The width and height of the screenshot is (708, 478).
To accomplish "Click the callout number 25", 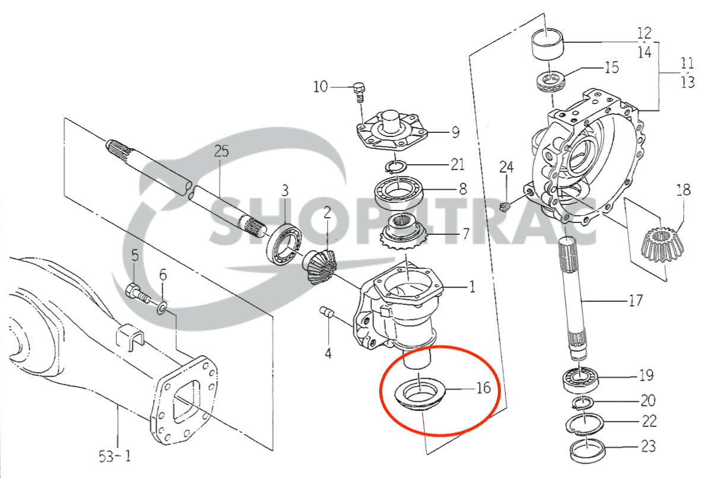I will [221, 151].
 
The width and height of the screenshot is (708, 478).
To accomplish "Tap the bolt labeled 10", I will [358, 91].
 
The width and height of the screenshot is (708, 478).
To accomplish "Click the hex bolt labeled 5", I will [137, 292].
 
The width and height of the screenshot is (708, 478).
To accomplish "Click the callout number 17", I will [634, 301].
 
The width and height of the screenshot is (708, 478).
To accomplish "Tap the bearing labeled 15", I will [552, 81].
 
